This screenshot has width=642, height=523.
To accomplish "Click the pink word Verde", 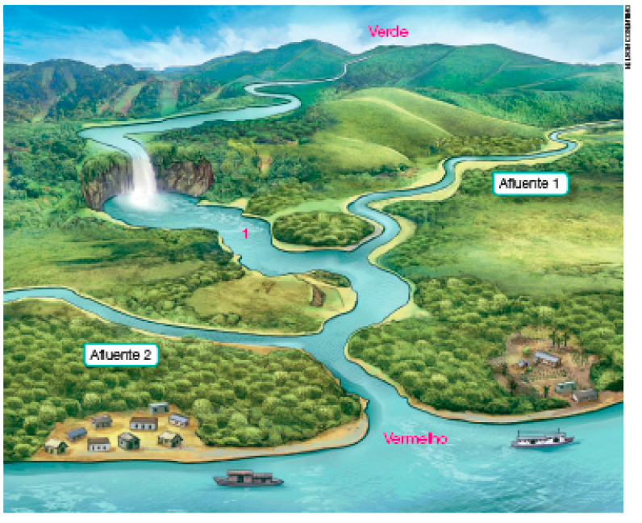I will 389,31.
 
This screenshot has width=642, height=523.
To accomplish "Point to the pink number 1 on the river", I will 245,234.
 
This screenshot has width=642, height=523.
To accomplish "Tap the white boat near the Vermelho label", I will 541,441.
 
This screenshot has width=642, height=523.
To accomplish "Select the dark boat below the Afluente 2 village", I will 248,479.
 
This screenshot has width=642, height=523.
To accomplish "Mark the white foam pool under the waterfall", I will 145,202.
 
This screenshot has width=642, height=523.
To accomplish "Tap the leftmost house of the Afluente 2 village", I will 56,446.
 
